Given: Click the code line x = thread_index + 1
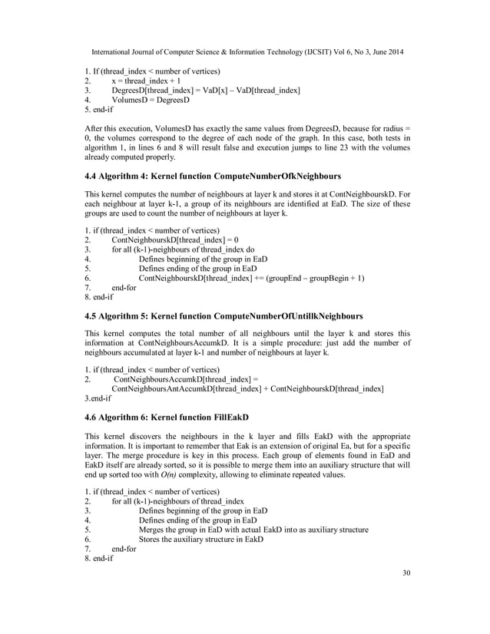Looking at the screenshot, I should click(x=146, y=81).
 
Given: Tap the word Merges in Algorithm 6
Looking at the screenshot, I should click(x=154, y=530).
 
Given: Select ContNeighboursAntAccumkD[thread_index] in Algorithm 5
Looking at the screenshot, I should click(x=181, y=389).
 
